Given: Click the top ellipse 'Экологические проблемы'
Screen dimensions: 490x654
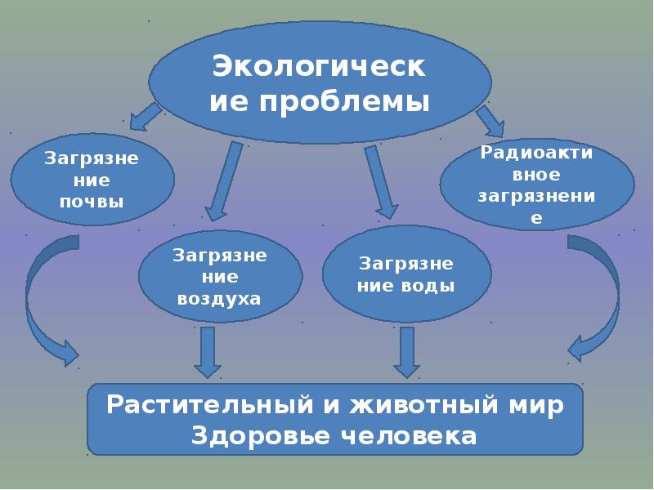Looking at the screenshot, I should [320, 82].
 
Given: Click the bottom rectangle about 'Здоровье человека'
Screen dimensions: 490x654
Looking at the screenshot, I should [335, 419].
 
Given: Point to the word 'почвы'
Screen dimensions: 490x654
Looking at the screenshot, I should [92, 200].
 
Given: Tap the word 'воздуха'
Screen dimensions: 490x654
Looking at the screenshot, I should [219, 298].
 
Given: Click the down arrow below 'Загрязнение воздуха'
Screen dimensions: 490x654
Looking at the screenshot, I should [208, 351].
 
